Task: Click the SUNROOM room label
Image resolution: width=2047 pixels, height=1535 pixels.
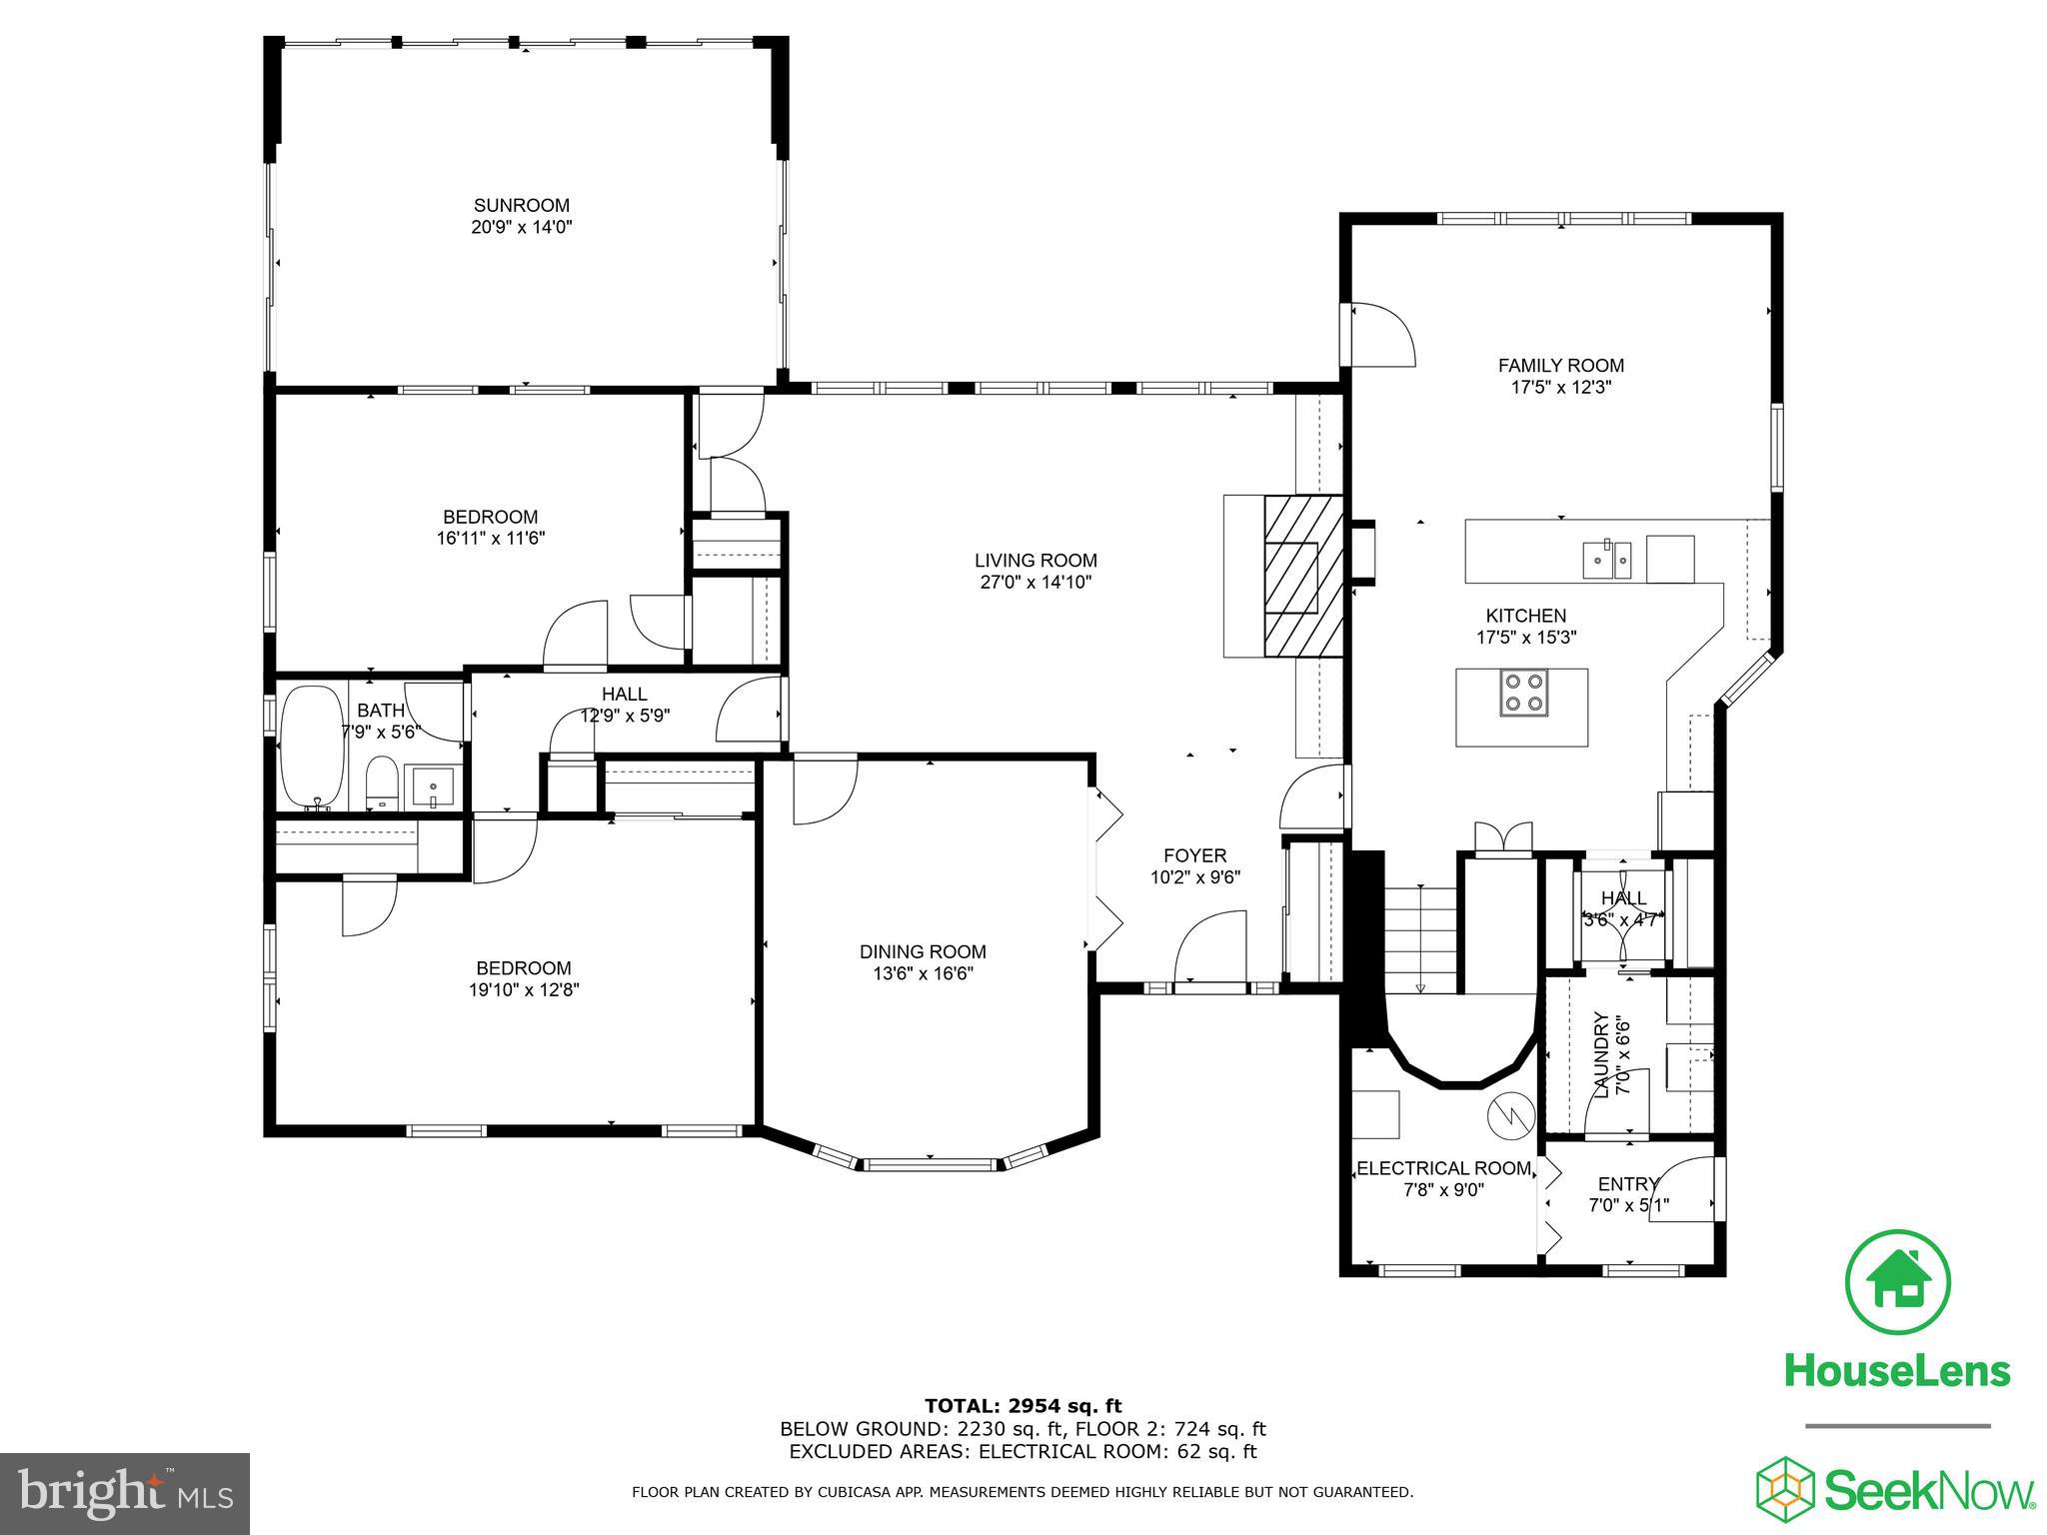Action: [521, 206]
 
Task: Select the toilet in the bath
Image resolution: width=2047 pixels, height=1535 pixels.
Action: [381, 782]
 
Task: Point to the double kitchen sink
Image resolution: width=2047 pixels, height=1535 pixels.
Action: [1606, 561]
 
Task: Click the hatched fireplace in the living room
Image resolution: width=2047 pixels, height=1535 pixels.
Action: [1302, 577]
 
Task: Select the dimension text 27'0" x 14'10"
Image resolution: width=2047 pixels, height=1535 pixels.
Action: [1035, 583]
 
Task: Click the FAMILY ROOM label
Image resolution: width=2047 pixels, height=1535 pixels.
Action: [1560, 366]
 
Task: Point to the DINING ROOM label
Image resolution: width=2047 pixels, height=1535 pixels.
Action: [923, 952]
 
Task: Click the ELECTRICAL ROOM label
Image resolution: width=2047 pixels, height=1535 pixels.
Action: [1443, 1168]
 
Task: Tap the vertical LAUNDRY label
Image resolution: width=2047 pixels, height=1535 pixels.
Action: [1601, 1055]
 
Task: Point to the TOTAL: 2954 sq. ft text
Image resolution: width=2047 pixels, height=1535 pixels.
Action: [1023, 1407]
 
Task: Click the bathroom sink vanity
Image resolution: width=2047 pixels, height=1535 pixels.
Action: [433, 785]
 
